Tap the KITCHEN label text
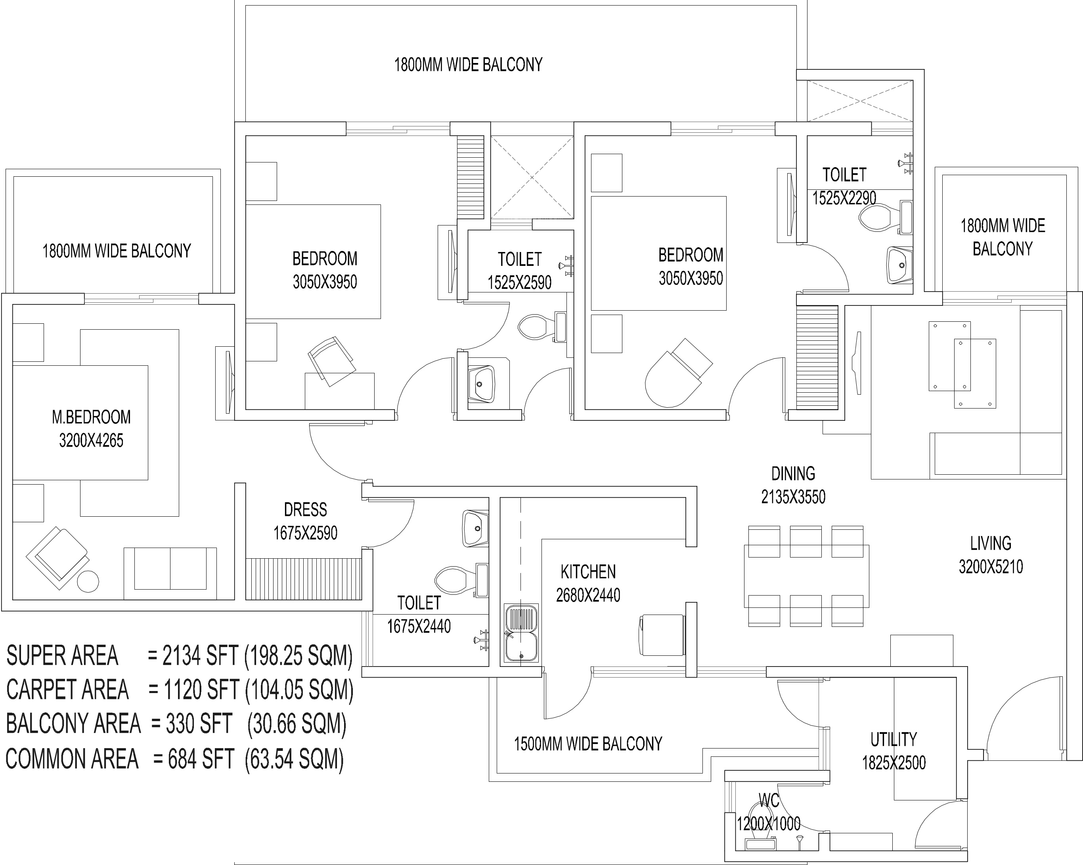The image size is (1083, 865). [x=588, y=572]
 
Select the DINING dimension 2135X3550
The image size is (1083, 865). [x=793, y=497]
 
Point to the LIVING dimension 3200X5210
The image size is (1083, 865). [x=991, y=567]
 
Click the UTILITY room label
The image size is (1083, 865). [x=894, y=739]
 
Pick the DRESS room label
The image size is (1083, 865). [x=305, y=510]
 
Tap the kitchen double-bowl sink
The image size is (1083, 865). [x=521, y=632]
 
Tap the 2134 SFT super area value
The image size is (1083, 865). [x=200, y=656]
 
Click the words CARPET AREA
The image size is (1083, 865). [x=67, y=690]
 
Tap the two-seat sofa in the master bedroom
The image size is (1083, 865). [x=170, y=569]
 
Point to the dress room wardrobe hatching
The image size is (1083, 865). [x=303, y=579]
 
